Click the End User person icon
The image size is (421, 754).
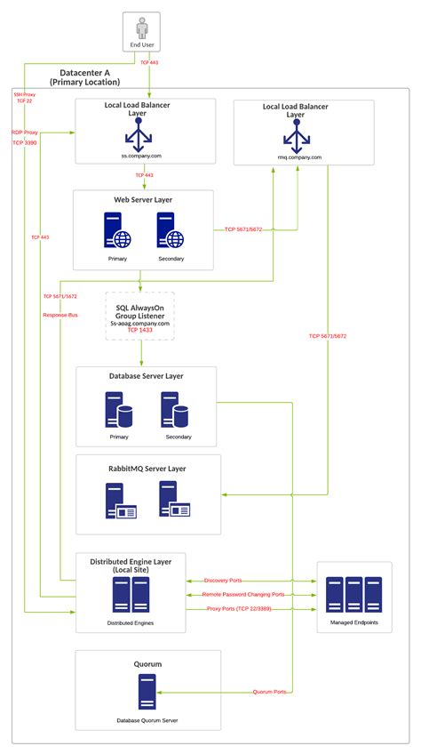pyautogui.click(x=147, y=27)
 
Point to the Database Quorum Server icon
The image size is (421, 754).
pyautogui.click(x=147, y=691)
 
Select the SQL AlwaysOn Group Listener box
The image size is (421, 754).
pyautogui.click(x=140, y=315)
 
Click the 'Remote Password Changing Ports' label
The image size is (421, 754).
pyautogui.click(x=242, y=594)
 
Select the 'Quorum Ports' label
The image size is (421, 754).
pyautogui.click(x=269, y=691)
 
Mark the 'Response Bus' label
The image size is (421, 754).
pyautogui.click(x=60, y=315)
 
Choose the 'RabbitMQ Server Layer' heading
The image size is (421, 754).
pyautogui.click(x=147, y=468)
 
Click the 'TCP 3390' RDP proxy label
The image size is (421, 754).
pyautogui.click(x=25, y=142)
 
